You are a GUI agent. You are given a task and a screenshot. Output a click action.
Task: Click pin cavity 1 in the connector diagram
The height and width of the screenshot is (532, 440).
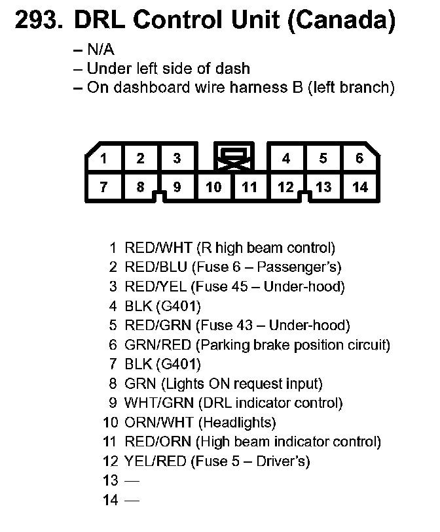[103, 158]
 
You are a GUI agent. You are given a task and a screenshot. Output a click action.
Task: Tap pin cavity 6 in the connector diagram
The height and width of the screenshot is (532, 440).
[359, 158]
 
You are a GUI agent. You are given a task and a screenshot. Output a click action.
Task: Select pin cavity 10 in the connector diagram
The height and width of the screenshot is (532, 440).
[213, 188]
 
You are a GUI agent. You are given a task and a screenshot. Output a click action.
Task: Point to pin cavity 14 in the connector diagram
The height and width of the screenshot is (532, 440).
[359, 188]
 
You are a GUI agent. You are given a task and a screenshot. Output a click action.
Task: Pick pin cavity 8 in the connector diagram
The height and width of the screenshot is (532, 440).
[140, 188]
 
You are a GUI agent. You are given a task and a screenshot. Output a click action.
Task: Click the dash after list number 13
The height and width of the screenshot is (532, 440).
[132, 481]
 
